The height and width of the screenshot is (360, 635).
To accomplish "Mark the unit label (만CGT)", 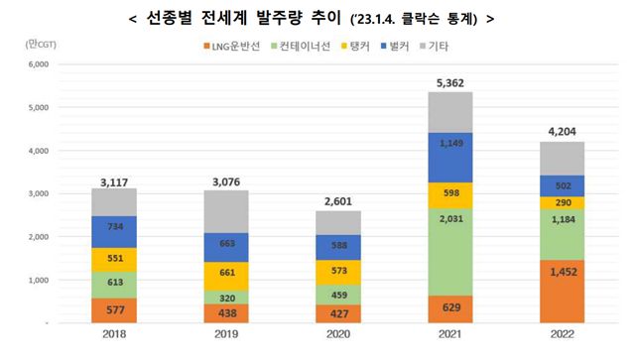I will coord(41,45).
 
